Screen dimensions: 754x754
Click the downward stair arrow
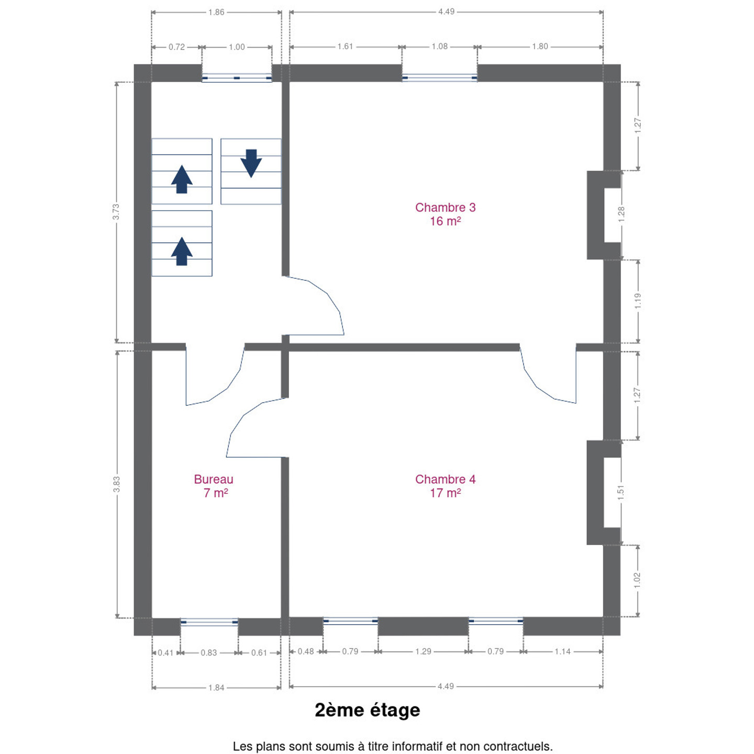coord(251,163)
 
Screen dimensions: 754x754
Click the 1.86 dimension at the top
coord(216,12)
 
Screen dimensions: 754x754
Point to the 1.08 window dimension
coord(439,47)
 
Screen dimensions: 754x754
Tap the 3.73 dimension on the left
coord(116,212)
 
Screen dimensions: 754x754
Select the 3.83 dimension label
coord(116,484)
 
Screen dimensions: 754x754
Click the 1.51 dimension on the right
coord(620,493)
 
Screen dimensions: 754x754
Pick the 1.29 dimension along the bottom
coord(424,651)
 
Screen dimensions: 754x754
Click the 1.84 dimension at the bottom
coord(216,688)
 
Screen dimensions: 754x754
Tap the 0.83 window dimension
coord(209,652)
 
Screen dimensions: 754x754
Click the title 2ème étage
coord(368,710)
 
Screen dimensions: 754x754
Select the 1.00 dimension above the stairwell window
coord(237,47)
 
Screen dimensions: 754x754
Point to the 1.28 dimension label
coord(621,215)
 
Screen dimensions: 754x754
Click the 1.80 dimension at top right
coord(540,47)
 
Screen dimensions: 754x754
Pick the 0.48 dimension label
coord(306,651)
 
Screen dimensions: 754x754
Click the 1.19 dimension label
coord(637,301)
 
